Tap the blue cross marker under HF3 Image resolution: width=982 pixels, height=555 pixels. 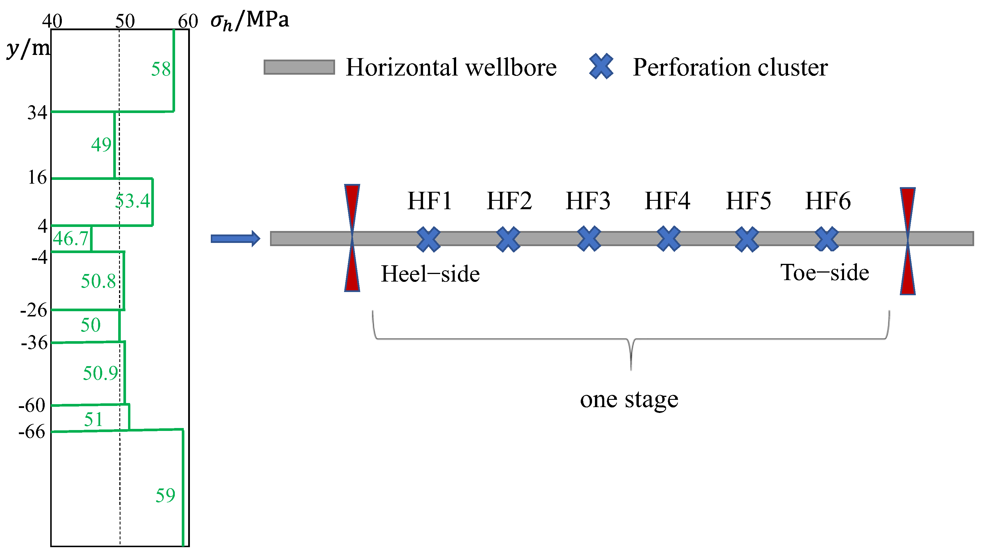point(589,239)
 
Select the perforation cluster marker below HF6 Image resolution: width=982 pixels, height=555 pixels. point(826,239)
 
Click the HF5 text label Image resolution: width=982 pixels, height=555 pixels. point(748,201)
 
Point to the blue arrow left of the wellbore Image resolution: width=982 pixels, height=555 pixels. point(235,239)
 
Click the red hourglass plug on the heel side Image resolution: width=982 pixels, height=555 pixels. point(352,238)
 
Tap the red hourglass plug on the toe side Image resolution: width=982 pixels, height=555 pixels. point(907,241)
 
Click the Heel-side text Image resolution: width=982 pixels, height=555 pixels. point(430,274)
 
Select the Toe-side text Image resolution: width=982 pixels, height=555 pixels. point(825,273)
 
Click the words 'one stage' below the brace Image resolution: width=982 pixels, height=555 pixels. point(629,400)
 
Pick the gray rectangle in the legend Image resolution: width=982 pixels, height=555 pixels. point(299,67)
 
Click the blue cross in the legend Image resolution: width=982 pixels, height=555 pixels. point(601,67)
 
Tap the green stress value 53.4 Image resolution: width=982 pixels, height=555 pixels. point(132,201)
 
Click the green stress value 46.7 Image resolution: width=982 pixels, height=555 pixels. point(71,239)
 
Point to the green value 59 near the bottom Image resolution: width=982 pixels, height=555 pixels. point(165,495)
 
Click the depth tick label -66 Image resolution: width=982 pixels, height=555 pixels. point(32,432)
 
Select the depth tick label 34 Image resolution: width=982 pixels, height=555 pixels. point(37,112)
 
